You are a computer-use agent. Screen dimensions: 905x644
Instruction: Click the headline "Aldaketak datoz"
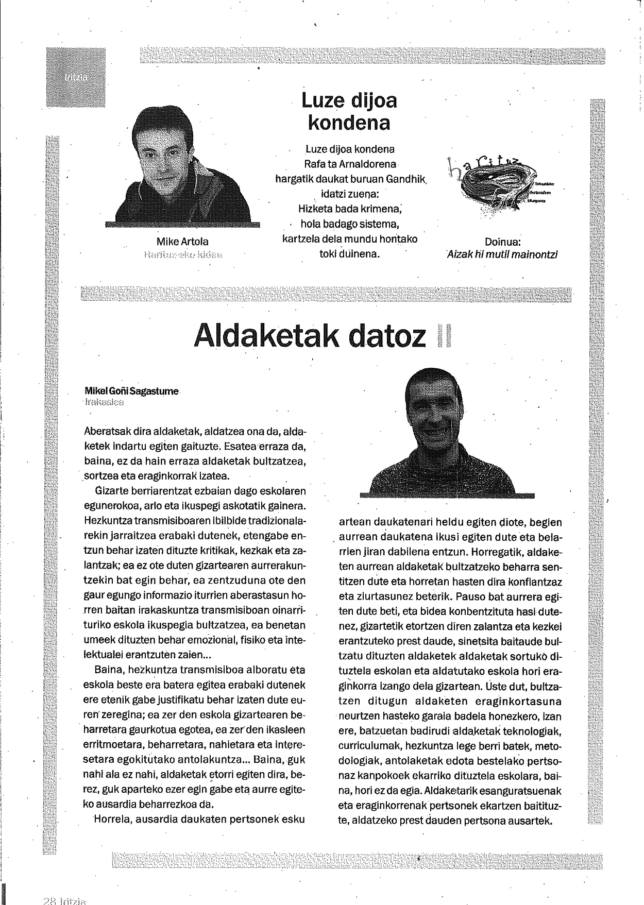(x=310, y=336)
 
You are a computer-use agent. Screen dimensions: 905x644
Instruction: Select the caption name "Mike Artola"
(x=182, y=242)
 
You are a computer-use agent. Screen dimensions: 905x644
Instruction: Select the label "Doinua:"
(x=502, y=242)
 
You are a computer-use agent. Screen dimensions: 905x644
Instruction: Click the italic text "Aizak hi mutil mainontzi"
(x=502, y=254)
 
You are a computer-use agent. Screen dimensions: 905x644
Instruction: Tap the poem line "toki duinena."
(x=349, y=254)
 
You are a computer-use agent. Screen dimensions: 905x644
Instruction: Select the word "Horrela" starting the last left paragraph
(x=111, y=819)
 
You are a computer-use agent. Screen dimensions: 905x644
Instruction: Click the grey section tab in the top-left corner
(x=76, y=77)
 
